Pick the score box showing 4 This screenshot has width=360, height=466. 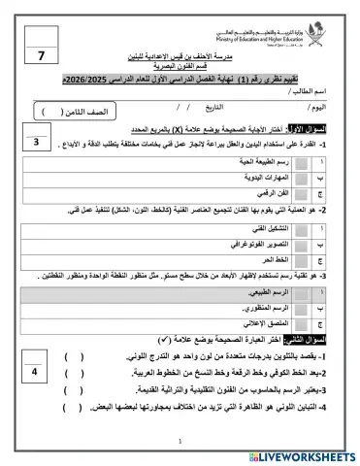34,372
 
